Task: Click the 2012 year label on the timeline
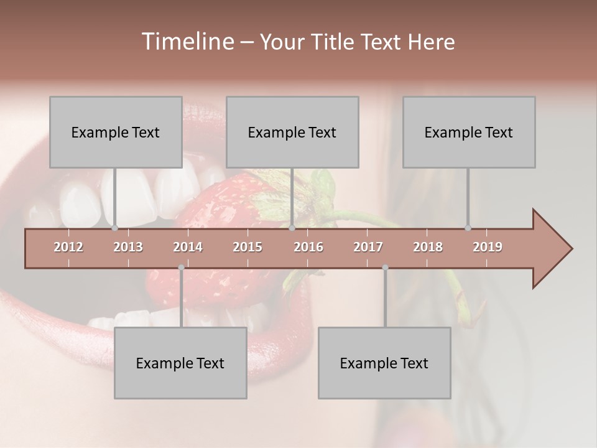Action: pos(68,247)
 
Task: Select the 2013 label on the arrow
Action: pos(128,247)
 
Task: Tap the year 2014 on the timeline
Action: pos(188,247)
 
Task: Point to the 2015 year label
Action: pos(248,247)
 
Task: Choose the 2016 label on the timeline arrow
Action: pos(308,247)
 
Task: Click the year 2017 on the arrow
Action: pos(368,247)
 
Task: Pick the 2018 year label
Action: pos(428,247)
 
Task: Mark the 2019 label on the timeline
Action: pos(488,247)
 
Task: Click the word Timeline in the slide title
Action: pos(186,42)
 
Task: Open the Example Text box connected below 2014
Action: pos(180,363)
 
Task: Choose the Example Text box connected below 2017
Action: pos(384,363)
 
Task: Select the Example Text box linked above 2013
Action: pos(116,132)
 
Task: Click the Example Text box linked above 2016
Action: pos(292,132)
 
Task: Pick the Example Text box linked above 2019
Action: pos(469,132)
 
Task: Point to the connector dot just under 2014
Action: pos(181,268)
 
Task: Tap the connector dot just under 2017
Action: pos(385,268)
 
